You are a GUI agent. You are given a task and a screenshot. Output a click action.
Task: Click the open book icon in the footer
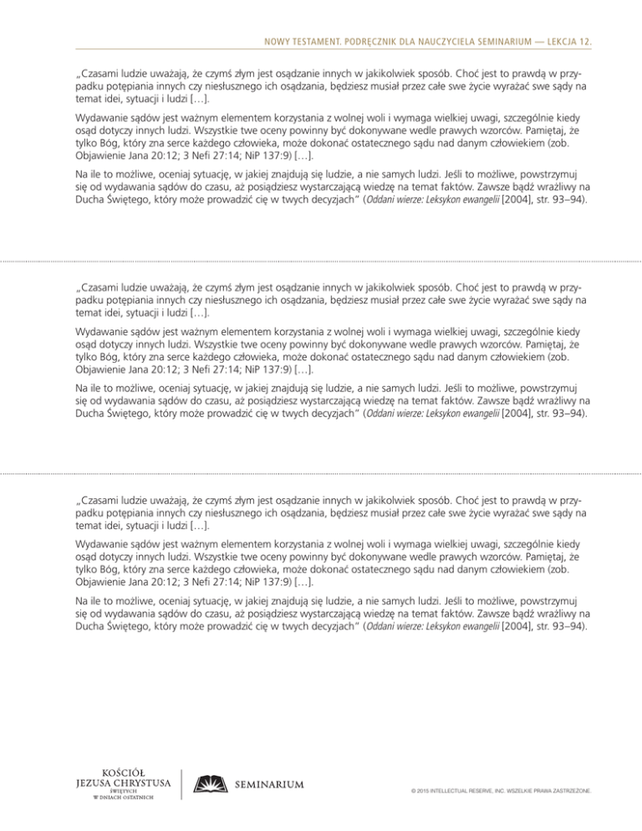pos(209,783)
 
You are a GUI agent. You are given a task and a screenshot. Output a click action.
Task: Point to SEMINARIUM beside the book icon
pos(269,784)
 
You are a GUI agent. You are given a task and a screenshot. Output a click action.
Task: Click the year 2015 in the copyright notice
pos(420,788)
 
